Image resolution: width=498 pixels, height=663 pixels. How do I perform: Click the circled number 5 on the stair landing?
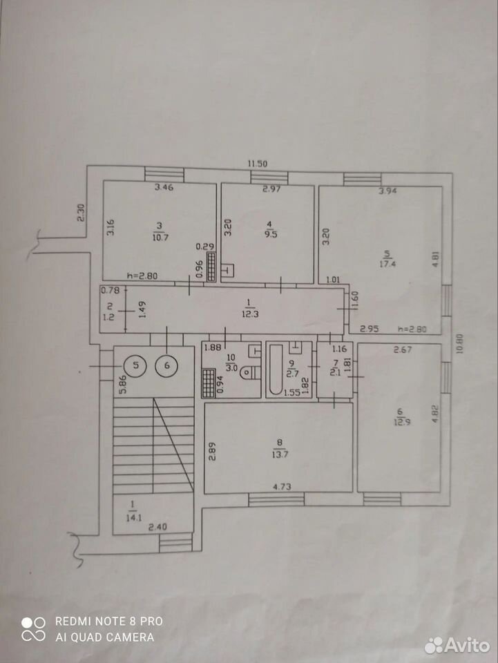[x=135, y=365]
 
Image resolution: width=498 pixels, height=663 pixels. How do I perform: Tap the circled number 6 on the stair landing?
[x=166, y=365]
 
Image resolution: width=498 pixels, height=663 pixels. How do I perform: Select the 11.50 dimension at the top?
[x=258, y=164]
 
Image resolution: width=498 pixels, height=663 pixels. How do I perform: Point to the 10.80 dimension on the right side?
[x=460, y=344]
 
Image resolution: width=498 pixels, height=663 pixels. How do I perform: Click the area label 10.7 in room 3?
[x=161, y=237]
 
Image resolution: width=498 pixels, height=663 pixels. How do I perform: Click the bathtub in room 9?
[x=276, y=369]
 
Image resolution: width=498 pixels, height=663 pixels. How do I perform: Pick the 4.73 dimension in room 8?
[x=282, y=487]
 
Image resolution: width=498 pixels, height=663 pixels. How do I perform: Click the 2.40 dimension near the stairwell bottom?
[x=157, y=527]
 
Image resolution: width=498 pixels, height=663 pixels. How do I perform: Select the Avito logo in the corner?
[x=457, y=645]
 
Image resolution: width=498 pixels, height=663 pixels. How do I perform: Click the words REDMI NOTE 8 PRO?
[x=109, y=621]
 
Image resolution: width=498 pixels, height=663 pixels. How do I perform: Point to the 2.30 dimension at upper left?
[x=81, y=213]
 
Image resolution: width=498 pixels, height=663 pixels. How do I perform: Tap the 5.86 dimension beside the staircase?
[x=123, y=385]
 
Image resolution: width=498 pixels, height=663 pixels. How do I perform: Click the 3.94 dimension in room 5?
[x=388, y=191]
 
